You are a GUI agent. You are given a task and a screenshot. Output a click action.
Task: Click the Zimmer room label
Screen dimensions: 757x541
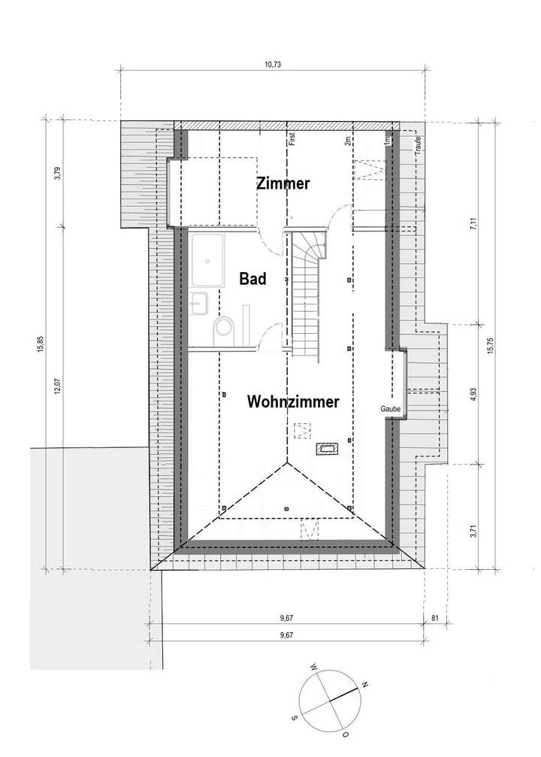coord(283,183)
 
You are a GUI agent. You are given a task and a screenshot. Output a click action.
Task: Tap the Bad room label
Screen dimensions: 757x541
coord(253,279)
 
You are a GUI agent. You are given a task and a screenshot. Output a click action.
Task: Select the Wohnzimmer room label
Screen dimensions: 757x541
coord(292,401)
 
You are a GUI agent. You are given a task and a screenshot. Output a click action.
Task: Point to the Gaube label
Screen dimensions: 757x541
coord(391,408)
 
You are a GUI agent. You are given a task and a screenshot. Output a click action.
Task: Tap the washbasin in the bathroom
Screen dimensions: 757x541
coord(201,302)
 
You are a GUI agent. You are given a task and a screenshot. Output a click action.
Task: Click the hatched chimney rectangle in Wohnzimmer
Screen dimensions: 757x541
coord(328,450)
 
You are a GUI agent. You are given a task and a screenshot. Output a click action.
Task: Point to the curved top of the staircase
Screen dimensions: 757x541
coord(310,244)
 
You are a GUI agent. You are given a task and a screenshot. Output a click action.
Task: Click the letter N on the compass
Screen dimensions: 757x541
coord(365,685)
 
